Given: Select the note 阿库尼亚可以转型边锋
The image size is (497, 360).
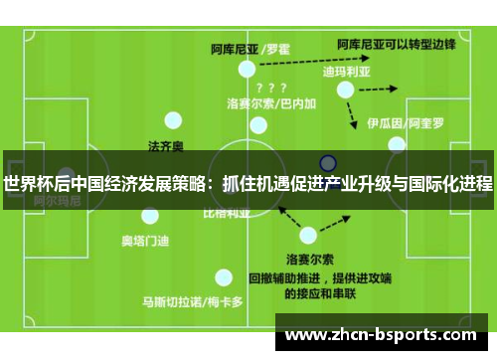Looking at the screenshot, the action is [x=396, y=44].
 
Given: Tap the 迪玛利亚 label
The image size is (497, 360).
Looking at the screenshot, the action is [x=346, y=72].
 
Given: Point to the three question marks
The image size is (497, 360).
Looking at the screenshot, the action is [x=271, y=87].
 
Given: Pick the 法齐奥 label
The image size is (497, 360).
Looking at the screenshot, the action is [x=166, y=146].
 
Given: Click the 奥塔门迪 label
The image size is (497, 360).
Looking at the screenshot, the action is [x=145, y=240].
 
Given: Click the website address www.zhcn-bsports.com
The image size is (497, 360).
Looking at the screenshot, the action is [x=388, y=335].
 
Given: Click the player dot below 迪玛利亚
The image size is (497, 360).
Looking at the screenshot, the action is [x=345, y=90].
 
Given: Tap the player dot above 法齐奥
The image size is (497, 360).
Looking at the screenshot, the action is [x=173, y=121].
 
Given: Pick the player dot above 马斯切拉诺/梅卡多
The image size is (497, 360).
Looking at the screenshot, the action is [x=224, y=277].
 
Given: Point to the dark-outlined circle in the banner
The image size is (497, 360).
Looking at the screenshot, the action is [x=328, y=162].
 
